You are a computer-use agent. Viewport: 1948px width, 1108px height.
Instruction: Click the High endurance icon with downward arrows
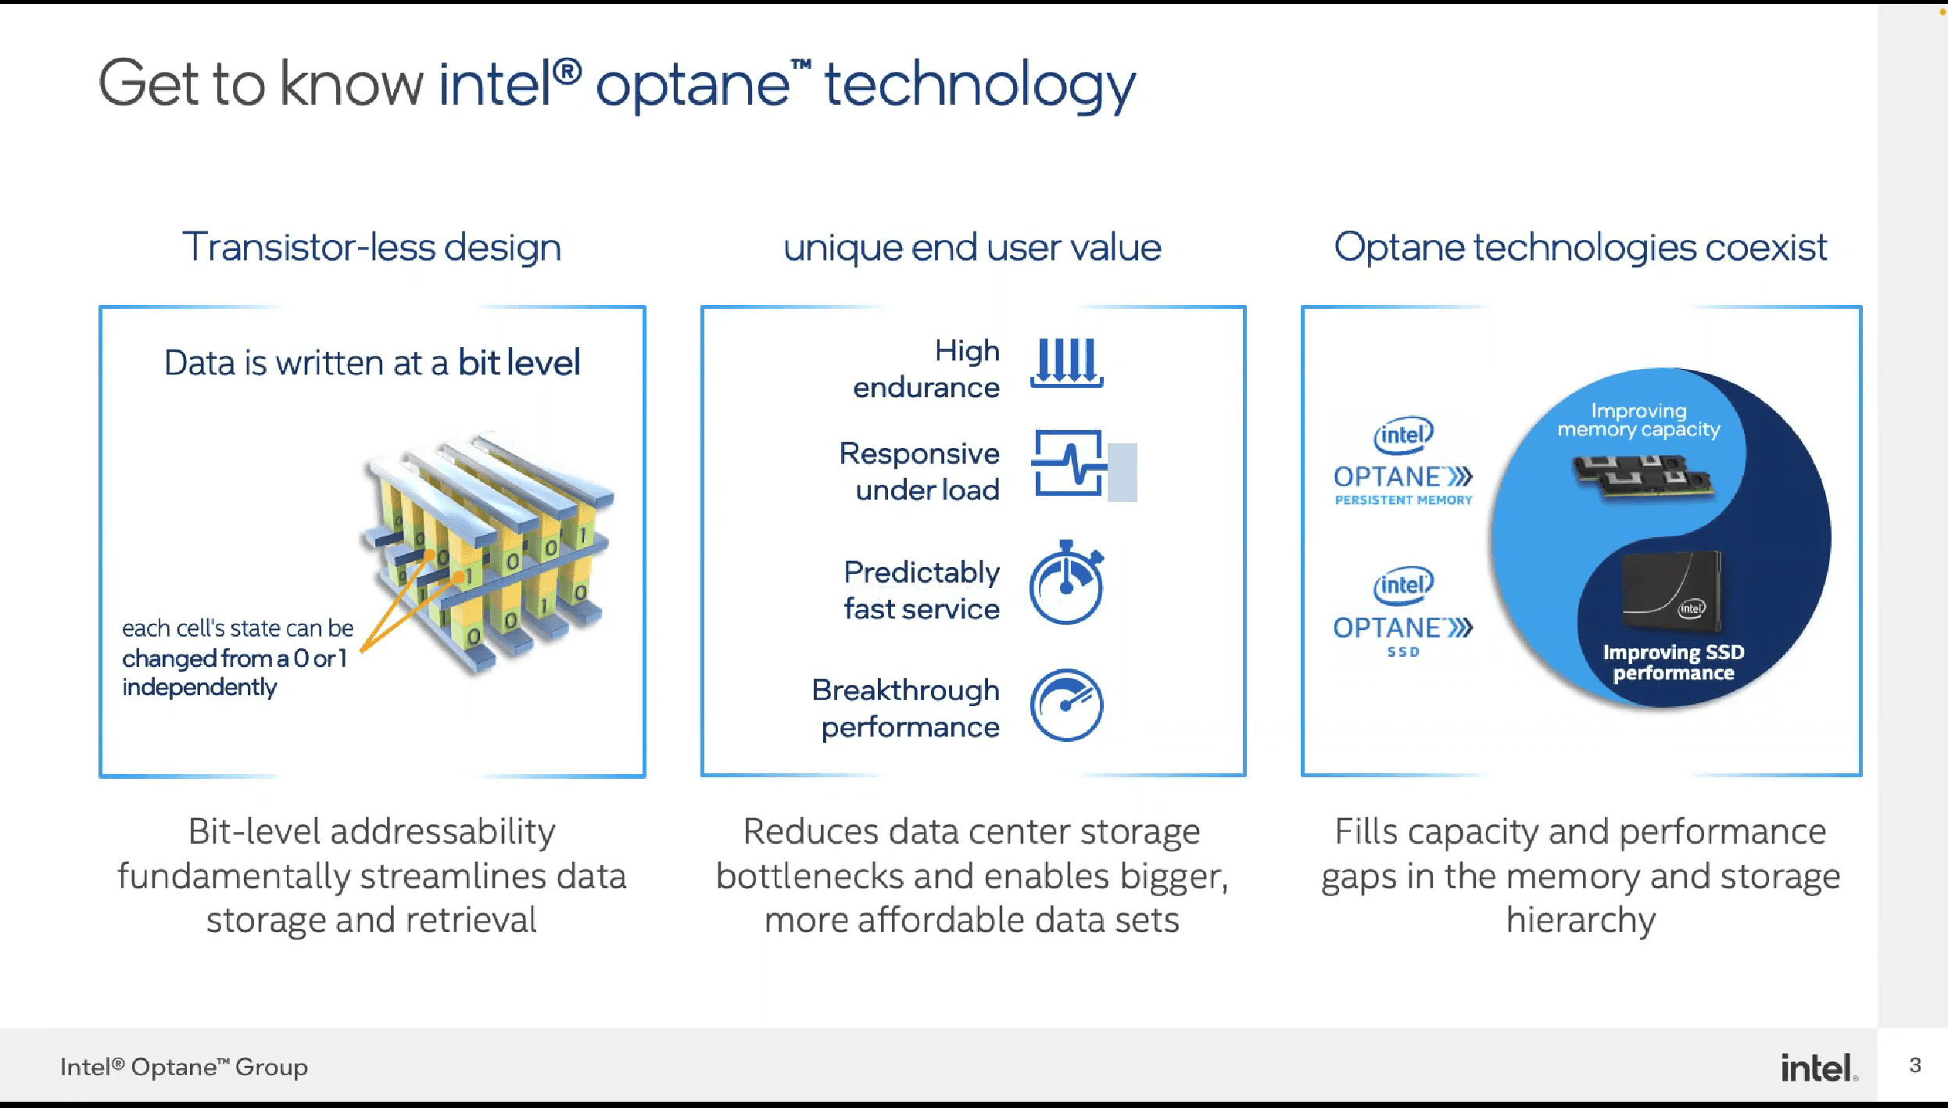coord(1066,363)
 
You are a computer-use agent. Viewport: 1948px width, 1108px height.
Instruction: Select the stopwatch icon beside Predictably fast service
coord(1066,583)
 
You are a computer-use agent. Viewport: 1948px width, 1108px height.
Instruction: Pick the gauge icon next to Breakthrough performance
coord(1066,705)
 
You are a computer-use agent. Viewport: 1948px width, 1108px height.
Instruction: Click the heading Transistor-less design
coord(372,247)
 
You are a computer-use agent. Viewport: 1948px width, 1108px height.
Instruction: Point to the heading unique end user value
coord(972,248)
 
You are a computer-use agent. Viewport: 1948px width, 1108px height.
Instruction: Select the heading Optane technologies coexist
coord(1580,248)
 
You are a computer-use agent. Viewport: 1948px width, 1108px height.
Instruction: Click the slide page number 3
coord(1914,1065)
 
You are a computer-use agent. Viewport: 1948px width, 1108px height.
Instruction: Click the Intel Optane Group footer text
coord(184,1067)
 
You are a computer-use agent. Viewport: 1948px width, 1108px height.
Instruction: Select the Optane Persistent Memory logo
coord(1403,462)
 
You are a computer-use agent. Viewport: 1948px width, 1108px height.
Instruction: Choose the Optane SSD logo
coord(1403,613)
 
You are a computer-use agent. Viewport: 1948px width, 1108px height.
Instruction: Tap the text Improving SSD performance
coord(1674,662)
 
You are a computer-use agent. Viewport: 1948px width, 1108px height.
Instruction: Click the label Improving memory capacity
coord(1639,420)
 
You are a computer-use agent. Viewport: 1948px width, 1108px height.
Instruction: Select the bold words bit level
coord(519,363)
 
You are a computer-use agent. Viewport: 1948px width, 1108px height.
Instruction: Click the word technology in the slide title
coord(979,84)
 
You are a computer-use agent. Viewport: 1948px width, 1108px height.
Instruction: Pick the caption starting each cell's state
coord(238,658)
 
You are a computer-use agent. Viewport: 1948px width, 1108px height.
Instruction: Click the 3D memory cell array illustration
coord(488,552)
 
